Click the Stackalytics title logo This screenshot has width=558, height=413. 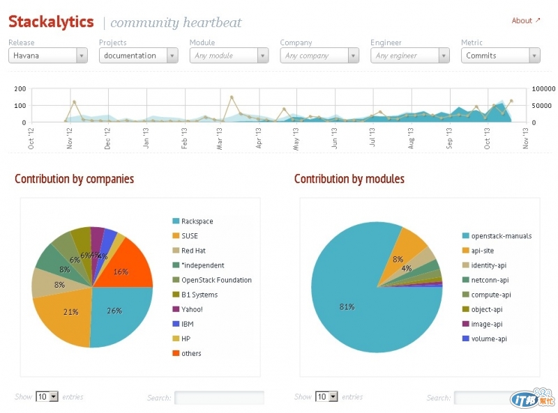pyautogui.click(x=51, y=22)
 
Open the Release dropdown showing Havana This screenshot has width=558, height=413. pyautogui.click(x=47, y=56)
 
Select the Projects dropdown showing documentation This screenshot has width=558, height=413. pyautogui.click(x=138, y=56)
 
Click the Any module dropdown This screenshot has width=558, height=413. pyautogui.click(x=229, y=56)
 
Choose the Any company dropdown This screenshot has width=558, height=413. pyautogui.click(x=319, y=56)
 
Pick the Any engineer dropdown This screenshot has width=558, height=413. pyautogui.click(x=410, y=56)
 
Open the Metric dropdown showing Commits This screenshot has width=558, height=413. pyautogui.click(x=501, y=56)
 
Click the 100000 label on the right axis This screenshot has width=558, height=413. pyautogui.click(x=544, y=89)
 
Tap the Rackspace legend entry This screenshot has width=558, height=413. pyautogui.click(x=197, y=221)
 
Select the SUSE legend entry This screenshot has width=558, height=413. pyautogui.click(x=189, y=236)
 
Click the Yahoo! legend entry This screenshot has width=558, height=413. pyautogui.click(x=192, y=309)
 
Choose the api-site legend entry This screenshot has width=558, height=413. pyautogui.click(x=486, y=251)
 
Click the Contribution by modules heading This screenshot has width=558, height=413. pyautogui.click(x=349, y=180)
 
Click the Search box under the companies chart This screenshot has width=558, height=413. pyautogui.click(x=219, y=398)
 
